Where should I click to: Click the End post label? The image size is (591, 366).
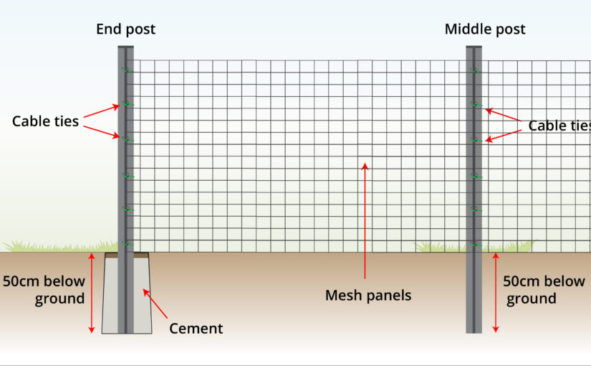[x=125, y=29]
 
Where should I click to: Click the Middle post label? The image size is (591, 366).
[x=485, y=29]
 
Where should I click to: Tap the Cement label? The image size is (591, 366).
[x=196, y=329]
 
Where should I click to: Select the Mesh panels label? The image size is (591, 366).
[x=368, y=296]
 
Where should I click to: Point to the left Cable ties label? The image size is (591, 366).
[x=45, y=121]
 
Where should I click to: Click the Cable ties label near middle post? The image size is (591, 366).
[x=559, y=126]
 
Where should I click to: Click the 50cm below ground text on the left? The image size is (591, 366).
[x=44, y=290]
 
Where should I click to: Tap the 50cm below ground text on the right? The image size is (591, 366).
[x=544, y=290]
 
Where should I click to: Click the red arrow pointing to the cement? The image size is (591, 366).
[x=155, y=304]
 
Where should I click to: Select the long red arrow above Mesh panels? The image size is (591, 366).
[x=365, y=220]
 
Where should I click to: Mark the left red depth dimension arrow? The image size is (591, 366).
[x=91, y=293]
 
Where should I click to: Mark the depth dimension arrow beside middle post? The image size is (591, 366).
[x=496, y=293]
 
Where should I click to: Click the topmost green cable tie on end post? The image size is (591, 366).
[x=128, y=70]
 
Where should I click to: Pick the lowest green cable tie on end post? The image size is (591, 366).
[x=128, y=243]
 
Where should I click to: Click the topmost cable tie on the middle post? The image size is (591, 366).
[x=476, y=70]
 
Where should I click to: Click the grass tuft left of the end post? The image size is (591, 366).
[x=60, y=246]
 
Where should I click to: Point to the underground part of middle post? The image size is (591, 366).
[x=474, y=293]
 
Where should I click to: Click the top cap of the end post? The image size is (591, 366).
[x=125, y=47]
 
